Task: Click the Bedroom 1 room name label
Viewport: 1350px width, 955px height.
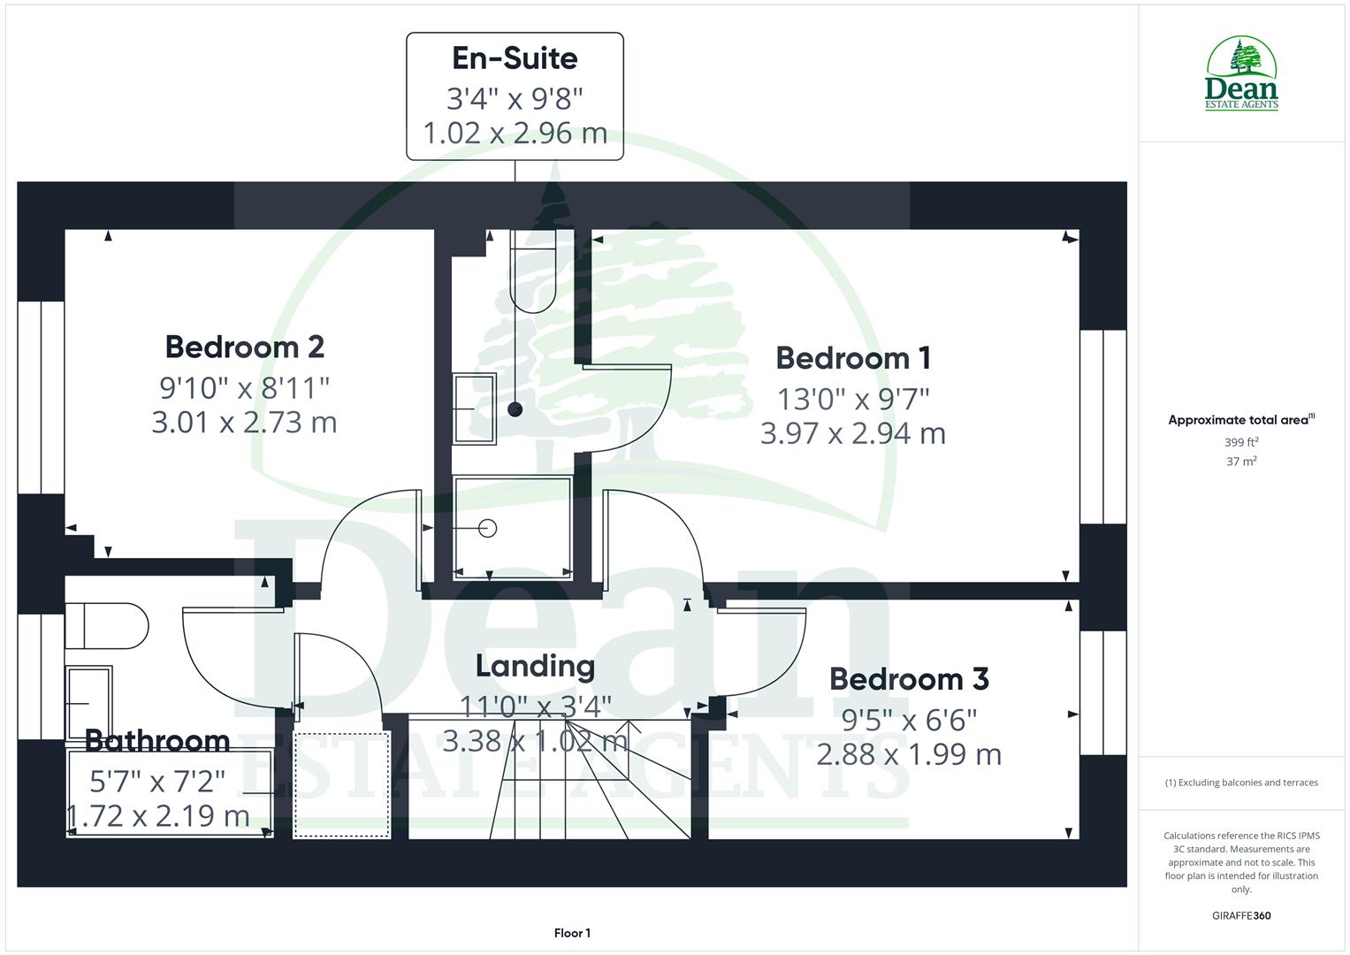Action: tap(853, 358)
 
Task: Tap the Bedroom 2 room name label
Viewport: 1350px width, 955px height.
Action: tap(245, 347)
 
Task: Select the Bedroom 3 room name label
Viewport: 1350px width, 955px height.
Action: tap(909, 679)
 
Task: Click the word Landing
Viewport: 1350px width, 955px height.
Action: tap(535, 666)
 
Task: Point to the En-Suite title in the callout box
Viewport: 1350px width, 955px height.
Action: tap(515, 58)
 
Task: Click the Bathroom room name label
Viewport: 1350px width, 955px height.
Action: tap(157, 740)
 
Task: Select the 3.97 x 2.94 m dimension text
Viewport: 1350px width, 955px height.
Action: tap(853, 433)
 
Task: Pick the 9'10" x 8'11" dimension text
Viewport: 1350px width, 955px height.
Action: tap(245, 387)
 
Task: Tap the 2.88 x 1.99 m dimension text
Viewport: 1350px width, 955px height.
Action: tap(909, 754)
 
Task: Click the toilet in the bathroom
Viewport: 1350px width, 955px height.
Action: tap(106, 626)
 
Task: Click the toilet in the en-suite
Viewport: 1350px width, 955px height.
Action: tap(532, 270)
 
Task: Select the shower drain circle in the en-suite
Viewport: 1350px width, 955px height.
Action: tap(487, 529)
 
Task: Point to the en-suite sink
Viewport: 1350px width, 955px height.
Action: tap(475, 408)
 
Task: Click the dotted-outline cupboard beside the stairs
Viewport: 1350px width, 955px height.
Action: tap(342, 783)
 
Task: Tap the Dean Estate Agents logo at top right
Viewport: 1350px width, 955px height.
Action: tap(1241, 74)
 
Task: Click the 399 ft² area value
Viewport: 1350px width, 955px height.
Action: tap(1241, 442)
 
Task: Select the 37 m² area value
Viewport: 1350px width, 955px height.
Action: tap(1241, 461)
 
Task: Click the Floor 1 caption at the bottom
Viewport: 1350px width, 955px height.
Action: tap(572, 933)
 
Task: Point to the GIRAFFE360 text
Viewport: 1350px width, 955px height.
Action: tap(1241, 915)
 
